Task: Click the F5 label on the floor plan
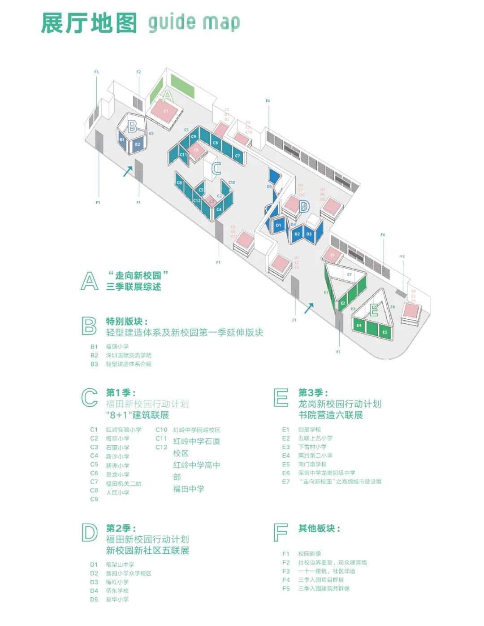(96, 72)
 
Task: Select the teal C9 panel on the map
(194, 137)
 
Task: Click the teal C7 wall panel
(238, 156)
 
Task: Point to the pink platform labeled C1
(165, 111)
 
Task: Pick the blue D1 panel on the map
(278, 226)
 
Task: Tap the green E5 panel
(385, 332)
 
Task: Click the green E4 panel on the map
(359, 326)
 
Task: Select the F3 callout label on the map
(402, 256)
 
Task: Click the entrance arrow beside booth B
(128, 171)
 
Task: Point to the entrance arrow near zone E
(309, 308)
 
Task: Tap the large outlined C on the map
(216, 169)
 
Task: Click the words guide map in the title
(194, 22)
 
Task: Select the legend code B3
(94, 364)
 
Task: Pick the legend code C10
(161, 430)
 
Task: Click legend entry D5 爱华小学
(110, 600)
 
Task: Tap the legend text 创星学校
(310, 430)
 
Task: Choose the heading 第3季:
(313, 393)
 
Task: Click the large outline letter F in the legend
(280, 532)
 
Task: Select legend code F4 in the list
(286, 580)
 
